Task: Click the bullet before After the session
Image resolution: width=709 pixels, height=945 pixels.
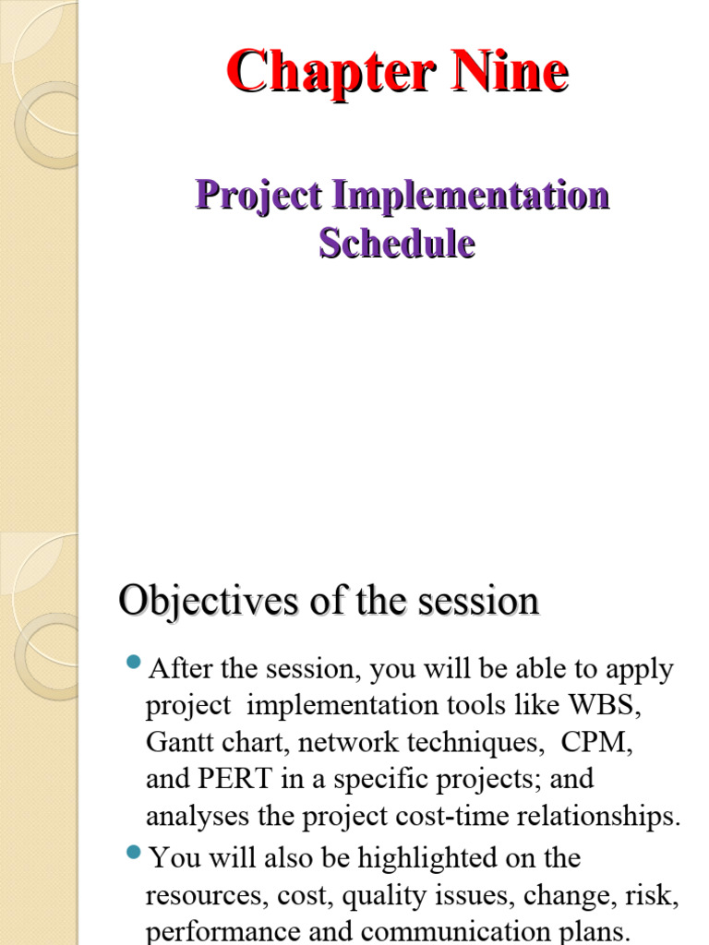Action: coord(132,662)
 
